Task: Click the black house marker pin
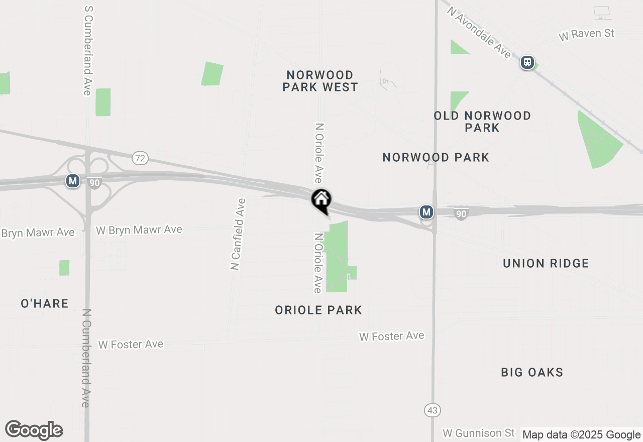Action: click(321, 200)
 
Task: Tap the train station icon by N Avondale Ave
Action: click(527, 62)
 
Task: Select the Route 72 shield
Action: click(140, 158)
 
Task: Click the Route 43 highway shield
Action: click(433, 410)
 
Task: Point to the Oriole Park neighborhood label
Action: click(318, 310)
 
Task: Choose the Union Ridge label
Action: click(546, 263)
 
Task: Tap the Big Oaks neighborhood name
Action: click(532, 372)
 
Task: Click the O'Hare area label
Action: click(44, 303)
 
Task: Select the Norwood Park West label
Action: click(320, 81)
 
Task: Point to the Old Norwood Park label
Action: click(482, 122)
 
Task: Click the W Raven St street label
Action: click(586, 35)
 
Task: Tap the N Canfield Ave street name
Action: click(238, 234)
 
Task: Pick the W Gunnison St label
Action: click(479, 433)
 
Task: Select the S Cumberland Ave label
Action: click(88, 50)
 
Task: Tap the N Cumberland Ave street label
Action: click(85, 358)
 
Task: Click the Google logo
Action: click(34, 430)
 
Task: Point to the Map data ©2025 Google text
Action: click(581, 435)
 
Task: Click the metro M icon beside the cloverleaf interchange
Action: click(73, 181)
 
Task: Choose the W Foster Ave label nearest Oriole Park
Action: click(391, 336)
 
